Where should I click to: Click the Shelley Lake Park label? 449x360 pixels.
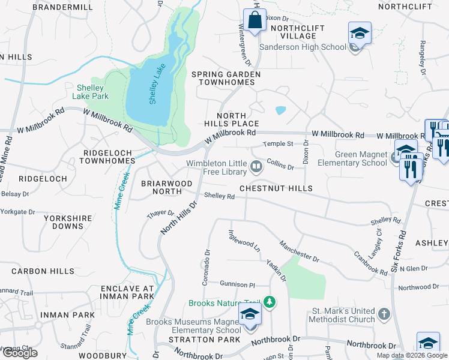[91, 91]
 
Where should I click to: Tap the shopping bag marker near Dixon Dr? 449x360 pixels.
[255, 19]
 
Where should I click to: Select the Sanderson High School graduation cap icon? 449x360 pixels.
[360, 32]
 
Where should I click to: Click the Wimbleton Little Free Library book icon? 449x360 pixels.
[257, 166]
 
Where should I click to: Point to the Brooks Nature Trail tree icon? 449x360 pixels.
[270, 303]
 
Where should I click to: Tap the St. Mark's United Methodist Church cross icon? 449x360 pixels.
[384, 314]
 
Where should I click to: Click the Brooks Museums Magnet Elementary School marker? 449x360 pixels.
[249, 314]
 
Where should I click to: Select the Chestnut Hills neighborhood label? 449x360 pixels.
[276, 188]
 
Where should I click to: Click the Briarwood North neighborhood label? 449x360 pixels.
[166, 187]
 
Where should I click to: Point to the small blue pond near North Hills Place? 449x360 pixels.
[280, 110]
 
